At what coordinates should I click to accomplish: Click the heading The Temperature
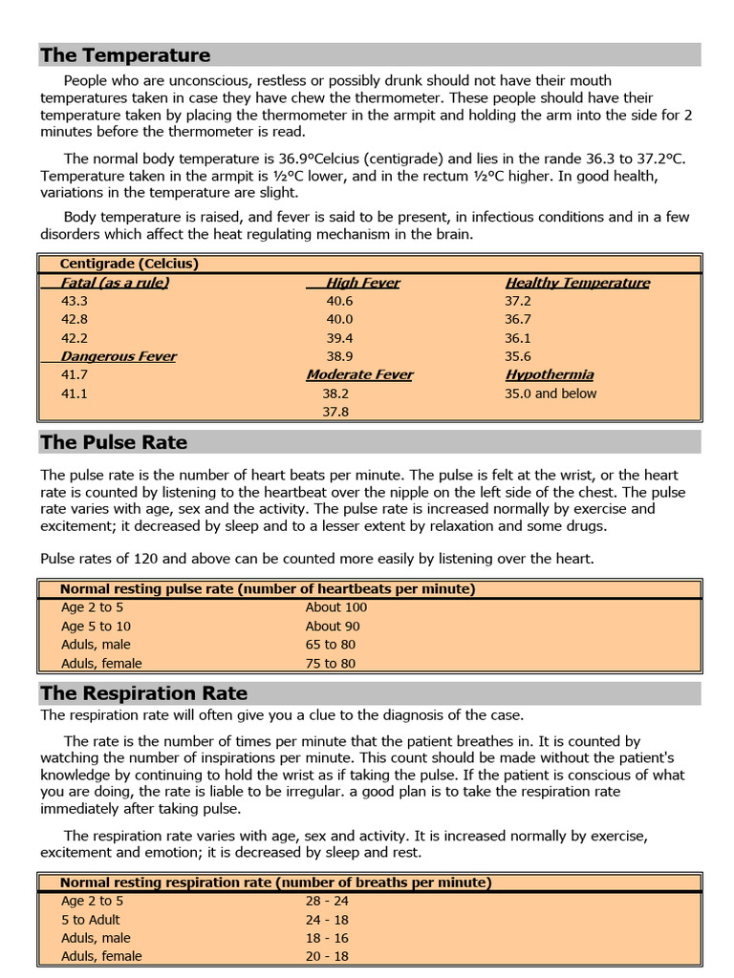pyautogui.click(x=125, y=55)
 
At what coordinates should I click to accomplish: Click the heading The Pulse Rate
pyautogui.click(x=114, y=442)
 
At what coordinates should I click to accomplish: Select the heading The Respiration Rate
pyautogui.click(x=143, y=693)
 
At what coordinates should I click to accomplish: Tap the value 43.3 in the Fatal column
pyautogui.click(x=74, y=301)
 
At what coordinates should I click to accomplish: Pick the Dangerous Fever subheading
pyautogui.click(x=119, y=356)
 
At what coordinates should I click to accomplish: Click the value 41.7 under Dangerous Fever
pyautogui.click(x=74, y=375)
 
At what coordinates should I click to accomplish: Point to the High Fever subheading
pyautogui.click(x=362, y=283)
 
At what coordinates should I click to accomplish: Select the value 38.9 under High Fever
pyautogui.click(x=339, y=356)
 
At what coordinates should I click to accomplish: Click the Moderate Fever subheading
pyautogui.click(x=359, y=374)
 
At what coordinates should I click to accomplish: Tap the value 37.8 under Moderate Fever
pyautogui.click(x=335, y=412)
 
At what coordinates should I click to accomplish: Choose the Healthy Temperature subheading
pyautogui.click(x=577, y=283)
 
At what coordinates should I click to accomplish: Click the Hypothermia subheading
pyautogui.click(x=550, y=374)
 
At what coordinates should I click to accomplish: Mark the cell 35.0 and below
pyautogui.click(x=550, y=393)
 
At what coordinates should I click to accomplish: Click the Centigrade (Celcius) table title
pyautogui.click(x=129, y=264)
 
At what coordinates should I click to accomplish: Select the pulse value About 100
pyautogui.click(x=336, y=607)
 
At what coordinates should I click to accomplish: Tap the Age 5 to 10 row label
pyautogui.click(x=97, y=627)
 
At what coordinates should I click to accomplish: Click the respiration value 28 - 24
pyautogui.click(x=327, y=901)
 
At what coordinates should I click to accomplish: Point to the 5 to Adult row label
pyautogui.click(x=92, y=920)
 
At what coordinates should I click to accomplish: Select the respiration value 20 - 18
pyautogui.click(x=327, y=956)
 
